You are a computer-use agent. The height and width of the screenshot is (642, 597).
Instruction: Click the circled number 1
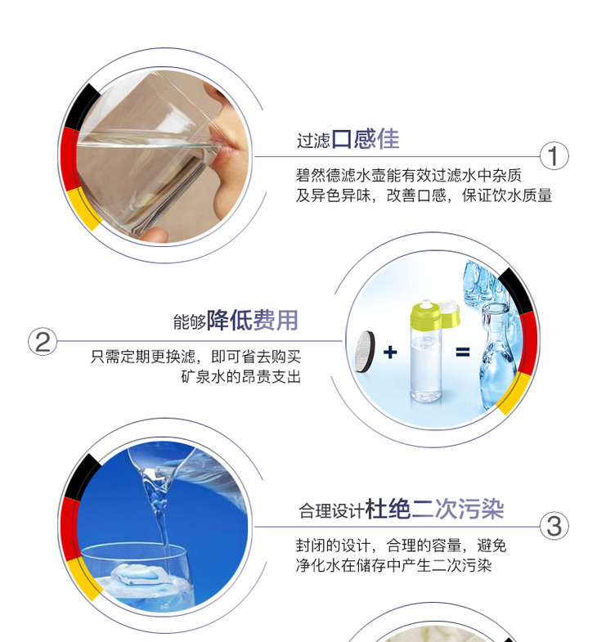pos(554,156)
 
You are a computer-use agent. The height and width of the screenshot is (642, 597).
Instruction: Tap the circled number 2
pos(43,341)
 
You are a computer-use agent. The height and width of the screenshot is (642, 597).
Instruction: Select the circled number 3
pos(554,526)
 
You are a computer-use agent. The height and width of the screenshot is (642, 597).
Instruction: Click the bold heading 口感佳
pos(366,139)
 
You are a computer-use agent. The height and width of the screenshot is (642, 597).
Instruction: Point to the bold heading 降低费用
pos(252,320)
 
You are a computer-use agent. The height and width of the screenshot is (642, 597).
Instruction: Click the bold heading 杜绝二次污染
pos(434,510)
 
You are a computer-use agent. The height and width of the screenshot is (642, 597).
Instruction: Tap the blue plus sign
pos(390,352)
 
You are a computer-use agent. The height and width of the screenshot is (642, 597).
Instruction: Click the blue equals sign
pos(463,352)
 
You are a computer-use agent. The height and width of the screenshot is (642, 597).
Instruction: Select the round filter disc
pos(365,352)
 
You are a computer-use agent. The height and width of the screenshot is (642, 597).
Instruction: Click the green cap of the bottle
pos(434,315)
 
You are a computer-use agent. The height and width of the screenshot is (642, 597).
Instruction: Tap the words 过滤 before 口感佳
pos(313,141)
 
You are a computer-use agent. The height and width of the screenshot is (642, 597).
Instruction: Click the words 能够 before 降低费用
pos(189,322)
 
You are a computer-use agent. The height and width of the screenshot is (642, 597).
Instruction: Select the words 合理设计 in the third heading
pos(331,511)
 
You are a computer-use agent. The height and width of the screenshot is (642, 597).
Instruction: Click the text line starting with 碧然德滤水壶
pos(409,175)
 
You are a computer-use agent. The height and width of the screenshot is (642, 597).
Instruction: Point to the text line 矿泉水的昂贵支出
pos(240,376)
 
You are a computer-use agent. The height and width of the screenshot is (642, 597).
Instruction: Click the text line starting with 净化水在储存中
pos(393,565)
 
